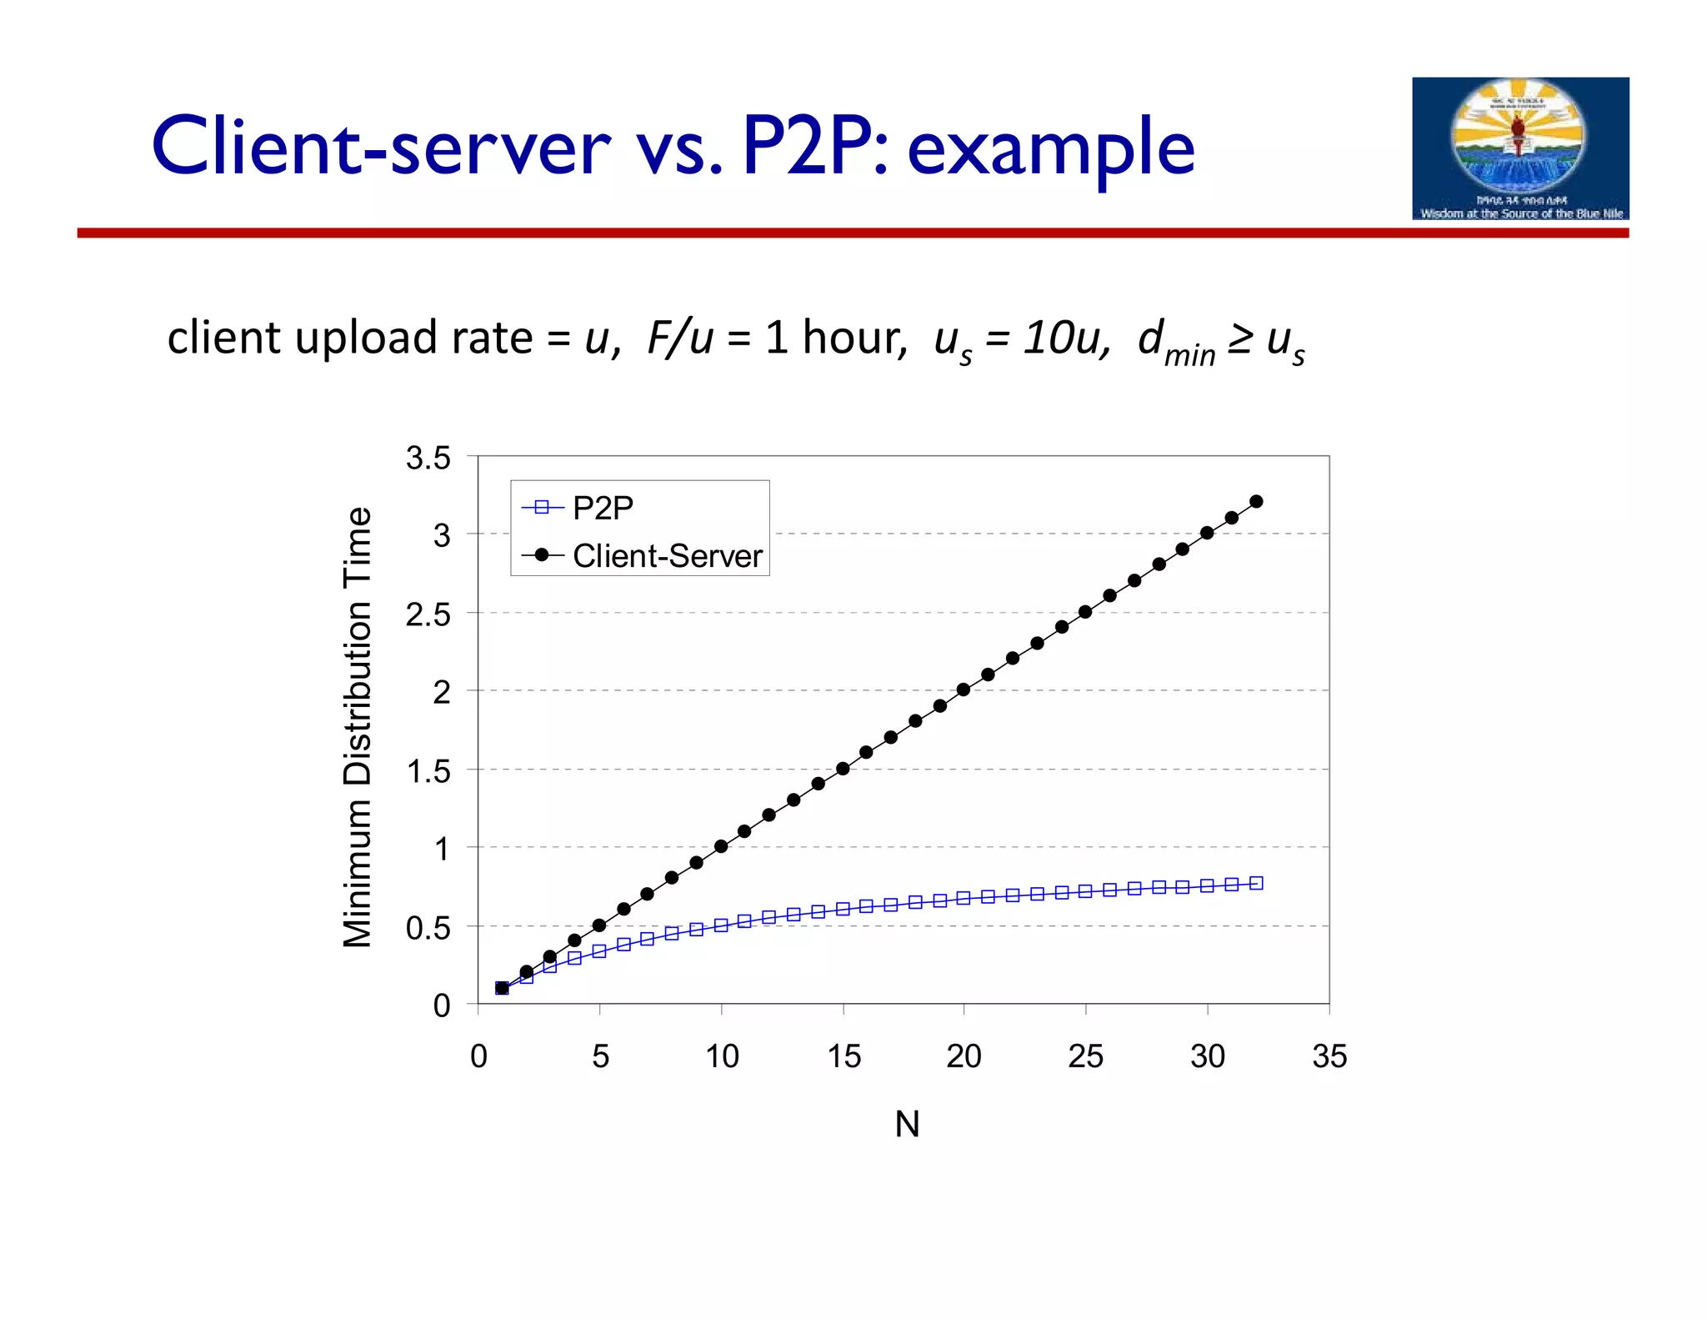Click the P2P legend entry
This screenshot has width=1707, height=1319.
pyautogui.click(x=602, y=508)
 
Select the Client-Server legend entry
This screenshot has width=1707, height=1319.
pyautogui.click(x=666, y=556)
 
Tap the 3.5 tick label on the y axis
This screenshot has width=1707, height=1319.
pyautogui.click(x=428, y=459)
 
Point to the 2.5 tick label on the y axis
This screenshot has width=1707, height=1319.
pyautogui.click(x=428, y=615)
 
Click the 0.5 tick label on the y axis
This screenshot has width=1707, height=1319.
pyautogui.click(x=428, y=928)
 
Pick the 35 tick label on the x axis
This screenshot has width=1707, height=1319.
pyautogui.click(x=1329, y=1056)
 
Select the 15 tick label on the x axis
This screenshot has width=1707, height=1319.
pyautogui.click(x=843, y=1056)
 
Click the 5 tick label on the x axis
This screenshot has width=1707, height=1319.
pyautogui.click(x=600, y=1056)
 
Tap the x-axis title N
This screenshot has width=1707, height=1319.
pyautogui.click(x=907, y=1125)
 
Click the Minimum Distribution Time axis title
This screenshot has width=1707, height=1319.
pyautogui.click(x=358, y=727)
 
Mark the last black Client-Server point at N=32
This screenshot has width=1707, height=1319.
pyautogui.click(x=1256, y=502)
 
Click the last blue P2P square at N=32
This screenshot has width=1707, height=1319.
pyautogui.click(x=1256, y=883)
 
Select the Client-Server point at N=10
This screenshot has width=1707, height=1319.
pyautogui.click(x=721, y=846)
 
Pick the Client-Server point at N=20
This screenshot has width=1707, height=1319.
pyautogui.click(x=964, y=690)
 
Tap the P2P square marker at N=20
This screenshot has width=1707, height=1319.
pyautogui.click(x=964, y=898)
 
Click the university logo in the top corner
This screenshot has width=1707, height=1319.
pyautogui.click(x=1519, y=148)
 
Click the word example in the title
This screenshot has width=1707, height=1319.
pyautogui.click(x=1050, y=148)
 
